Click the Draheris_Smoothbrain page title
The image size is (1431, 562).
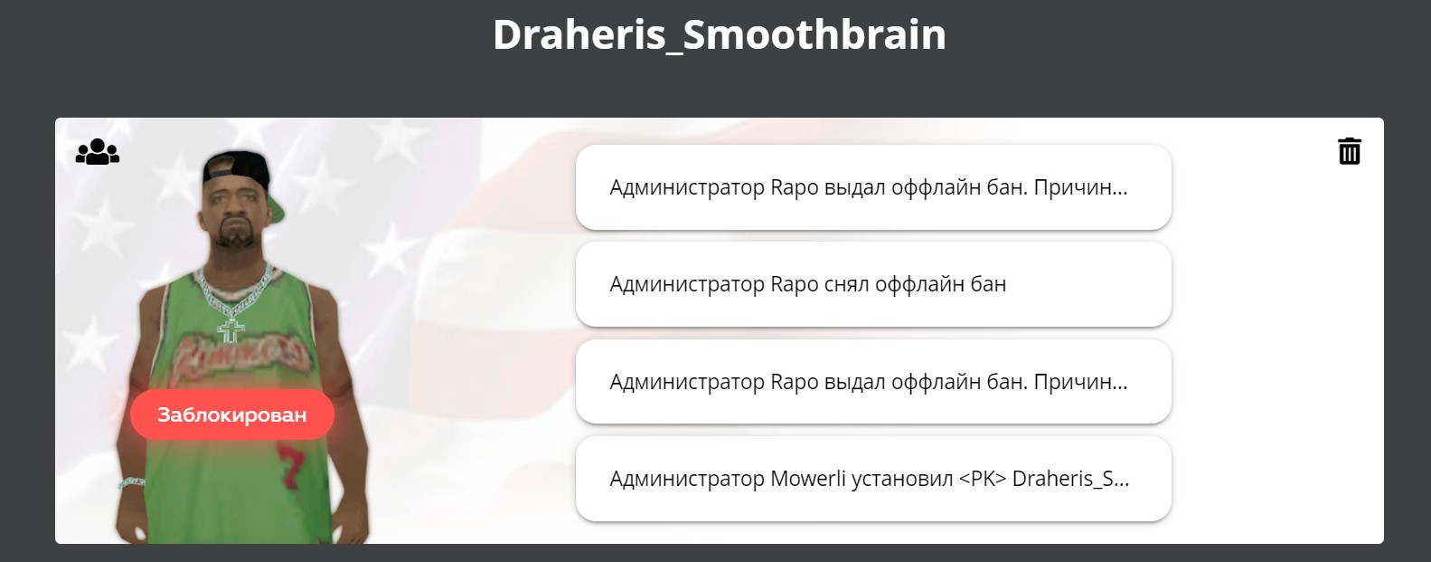pyautogui.click(x=719, y=34)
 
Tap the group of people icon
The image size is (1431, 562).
pyautogui.click(x=97, y=152)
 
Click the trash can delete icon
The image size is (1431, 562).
pyautogui.click(x=1350, y=151)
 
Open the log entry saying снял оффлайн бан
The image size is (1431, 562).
pyautogui.click(x=873, y=284)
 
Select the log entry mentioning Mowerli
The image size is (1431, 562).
pyautogui.click(x=873, y=478)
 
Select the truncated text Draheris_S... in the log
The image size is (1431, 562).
pyautogui.click(x=1070, y=478)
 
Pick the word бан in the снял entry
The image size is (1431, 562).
pyautogui.click(x=988, y=284)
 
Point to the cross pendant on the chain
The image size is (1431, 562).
pyautogui.click(x=231, y=330)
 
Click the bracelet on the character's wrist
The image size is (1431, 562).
pyautogui.click(x=132, y=482)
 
